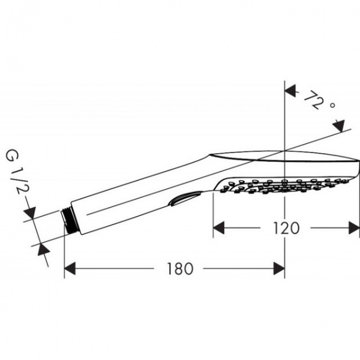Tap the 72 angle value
click(313, 98)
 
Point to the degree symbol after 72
click(331, 106)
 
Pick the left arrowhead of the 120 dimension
click(220, 227)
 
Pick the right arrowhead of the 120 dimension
click(353, 227)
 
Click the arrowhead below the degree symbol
click(339, 125)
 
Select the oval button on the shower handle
click(185, 198)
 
